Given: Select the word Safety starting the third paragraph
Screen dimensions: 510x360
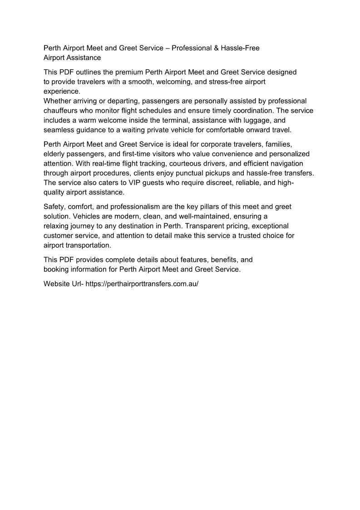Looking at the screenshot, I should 54,207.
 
